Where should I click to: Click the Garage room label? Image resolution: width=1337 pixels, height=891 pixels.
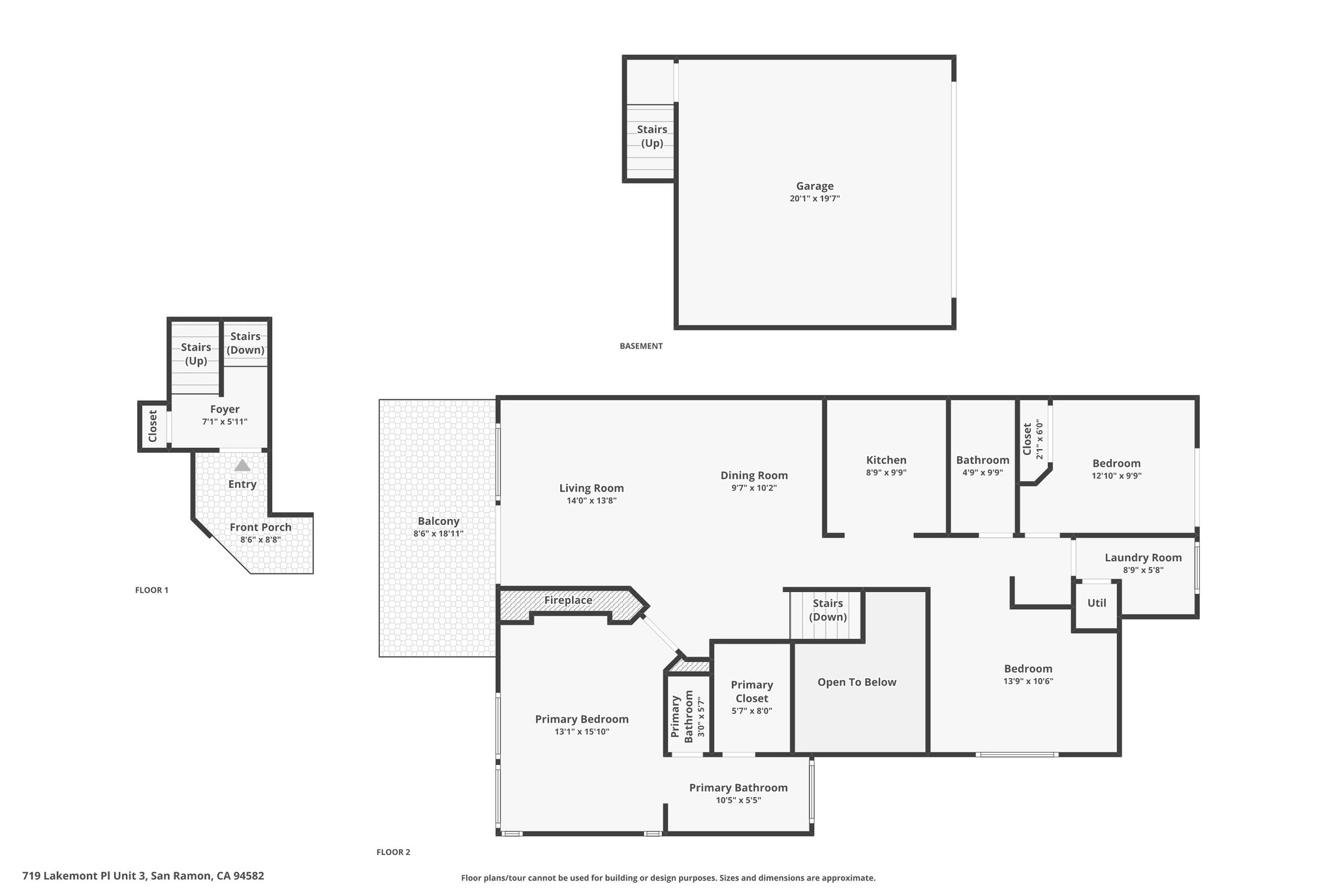click(814, 186)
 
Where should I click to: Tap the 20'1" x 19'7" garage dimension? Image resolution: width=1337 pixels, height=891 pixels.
click(814, 198)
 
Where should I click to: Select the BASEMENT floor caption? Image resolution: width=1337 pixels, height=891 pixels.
click(640, 346)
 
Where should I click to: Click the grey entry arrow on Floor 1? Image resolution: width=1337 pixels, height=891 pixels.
click(242, 465)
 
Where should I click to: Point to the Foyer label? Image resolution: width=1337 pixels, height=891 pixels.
click(225, 409)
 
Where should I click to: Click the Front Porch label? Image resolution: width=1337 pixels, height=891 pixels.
click(260, 527)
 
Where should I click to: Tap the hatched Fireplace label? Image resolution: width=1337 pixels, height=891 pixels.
click(568, 600)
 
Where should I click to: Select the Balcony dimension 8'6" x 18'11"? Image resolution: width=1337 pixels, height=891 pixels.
click(438, 533)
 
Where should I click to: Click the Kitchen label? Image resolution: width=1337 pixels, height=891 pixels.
click(886, 460)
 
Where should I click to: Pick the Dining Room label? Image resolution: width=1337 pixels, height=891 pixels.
click(754, 475)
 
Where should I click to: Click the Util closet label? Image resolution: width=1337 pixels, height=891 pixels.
click(1096, 603)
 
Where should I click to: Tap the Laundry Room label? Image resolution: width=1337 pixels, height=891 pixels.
click(1142, 557)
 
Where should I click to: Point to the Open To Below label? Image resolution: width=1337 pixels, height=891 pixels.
click(857, 682)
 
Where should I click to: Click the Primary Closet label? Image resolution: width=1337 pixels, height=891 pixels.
click(751, 691)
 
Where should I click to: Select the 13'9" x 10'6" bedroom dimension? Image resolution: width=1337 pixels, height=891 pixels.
click(1028, 681)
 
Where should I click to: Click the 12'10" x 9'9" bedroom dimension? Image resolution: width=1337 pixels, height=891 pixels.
click(1116, 476)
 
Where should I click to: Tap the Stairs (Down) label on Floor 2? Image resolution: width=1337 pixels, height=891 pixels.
click(827, 610)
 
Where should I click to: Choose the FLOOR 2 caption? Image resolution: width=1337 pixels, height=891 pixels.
click(393, 852)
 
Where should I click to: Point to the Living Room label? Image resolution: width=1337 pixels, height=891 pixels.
click(591, 488)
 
